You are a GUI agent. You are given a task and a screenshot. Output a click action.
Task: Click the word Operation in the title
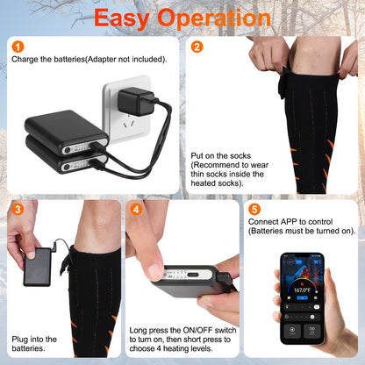221,18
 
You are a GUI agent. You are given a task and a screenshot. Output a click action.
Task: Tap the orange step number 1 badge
18,46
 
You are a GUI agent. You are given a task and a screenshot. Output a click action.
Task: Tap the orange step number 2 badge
197,46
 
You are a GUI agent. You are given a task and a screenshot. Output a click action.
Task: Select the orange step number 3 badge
18,209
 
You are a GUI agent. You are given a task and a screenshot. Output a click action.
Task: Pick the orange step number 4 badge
136,209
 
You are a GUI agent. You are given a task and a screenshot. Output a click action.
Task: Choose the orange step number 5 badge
254,209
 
